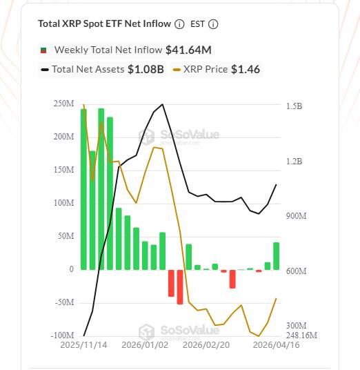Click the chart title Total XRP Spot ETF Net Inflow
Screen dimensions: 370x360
(x=104, y=23)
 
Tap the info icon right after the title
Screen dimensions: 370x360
(x=180, y=24)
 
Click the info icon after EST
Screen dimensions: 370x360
(x=213, y=24)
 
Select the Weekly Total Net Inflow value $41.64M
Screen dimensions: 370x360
(x=188, y=50)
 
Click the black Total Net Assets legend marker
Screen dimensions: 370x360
(x=45, y=69)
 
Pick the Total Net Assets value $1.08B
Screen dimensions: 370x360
(x=146, y=69)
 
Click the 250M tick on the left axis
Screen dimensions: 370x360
(x=64, y=104)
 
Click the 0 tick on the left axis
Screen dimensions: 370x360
(x=71, y=269)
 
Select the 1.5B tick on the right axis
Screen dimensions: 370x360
(x=294, y=106)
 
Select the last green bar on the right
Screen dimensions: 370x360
(x=277, y=255)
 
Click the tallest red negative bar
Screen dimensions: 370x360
(x=180, y=286)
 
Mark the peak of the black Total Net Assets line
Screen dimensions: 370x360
(x=163, y=105)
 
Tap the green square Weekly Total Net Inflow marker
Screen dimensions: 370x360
(x=44, y=50)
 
